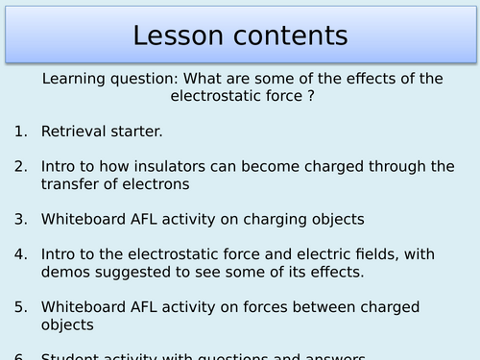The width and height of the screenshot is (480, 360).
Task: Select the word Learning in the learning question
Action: pos(75,80)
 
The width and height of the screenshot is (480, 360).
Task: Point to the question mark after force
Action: pos(312,97)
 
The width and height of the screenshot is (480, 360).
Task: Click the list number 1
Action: pos(20,139)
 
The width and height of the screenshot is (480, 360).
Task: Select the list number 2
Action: pos(20,166)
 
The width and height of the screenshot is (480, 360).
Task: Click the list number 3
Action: pos(20,219)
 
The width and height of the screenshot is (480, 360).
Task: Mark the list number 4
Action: pos(20,254)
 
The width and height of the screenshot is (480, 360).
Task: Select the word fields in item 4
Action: pos(388,254)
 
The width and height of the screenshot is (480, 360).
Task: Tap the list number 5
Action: pos(20,307)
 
